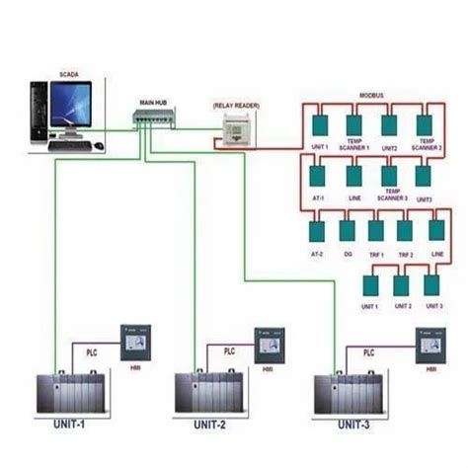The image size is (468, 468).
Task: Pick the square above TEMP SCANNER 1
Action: pos(353,125)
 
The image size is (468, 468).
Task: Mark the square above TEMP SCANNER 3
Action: pos(389,176)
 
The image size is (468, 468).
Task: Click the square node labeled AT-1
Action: pos(318,176)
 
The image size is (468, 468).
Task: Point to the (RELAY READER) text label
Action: pos(237,103)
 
